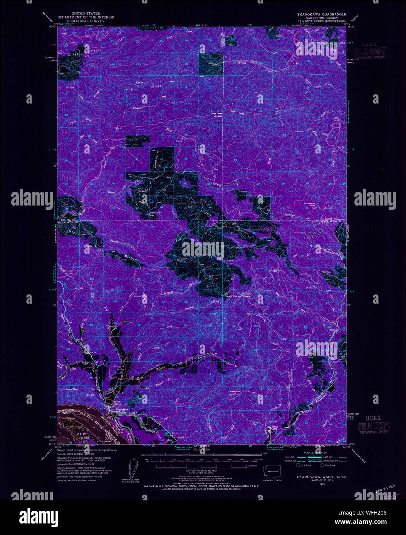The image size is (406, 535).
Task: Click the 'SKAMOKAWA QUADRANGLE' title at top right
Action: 321,14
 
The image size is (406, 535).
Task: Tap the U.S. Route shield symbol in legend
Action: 298,465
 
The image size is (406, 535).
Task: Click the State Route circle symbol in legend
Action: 322,465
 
